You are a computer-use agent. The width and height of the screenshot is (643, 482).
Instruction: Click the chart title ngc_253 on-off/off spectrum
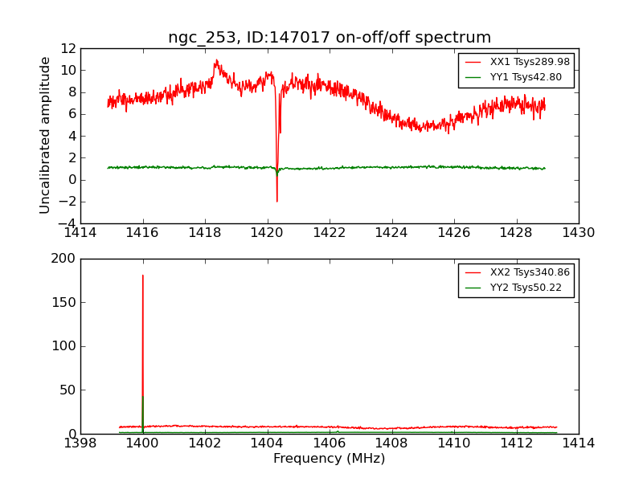click(x=330, y=37)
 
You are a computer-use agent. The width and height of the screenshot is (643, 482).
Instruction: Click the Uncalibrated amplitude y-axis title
click(x=46, y=135)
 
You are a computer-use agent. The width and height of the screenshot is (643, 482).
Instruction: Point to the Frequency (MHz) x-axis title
click(x=330, y=459)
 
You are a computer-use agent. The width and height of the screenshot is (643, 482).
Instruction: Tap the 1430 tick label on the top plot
click(x=578, y=233)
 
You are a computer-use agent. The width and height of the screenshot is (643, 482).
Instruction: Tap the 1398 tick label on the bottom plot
click(x=80, y=443)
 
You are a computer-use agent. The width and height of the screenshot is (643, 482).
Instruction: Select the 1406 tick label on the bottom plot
click(x=330, y=443)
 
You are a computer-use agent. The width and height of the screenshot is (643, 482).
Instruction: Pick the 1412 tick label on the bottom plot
click(x=516, y=443)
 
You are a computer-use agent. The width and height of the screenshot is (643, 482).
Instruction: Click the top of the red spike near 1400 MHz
click(x=143, y=276)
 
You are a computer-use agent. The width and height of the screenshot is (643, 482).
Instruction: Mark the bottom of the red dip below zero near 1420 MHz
click(x=276, y=201)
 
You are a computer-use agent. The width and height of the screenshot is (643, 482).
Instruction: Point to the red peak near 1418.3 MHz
click(x=215, y=60)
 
